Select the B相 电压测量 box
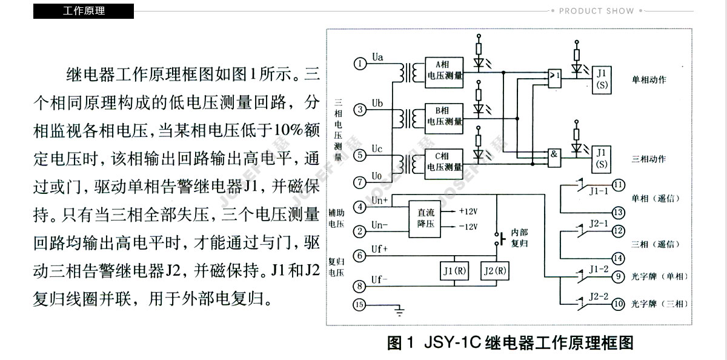[x=445, y=116]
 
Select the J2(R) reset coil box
[x=494, y=270]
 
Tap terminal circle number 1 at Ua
[x=360, y=63]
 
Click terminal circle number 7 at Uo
[x=360, y=181]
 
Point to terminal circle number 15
[x=360, y=305]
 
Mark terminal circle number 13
[x=618, y=212]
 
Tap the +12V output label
[x=467, y=212]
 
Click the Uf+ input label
[x=380, y=248]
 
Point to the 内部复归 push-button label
[x=519, y=238]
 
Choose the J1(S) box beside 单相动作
[x=601, y=79]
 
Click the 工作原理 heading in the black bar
[x=84, y=10]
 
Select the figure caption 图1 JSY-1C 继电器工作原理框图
[x=510, y=343]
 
